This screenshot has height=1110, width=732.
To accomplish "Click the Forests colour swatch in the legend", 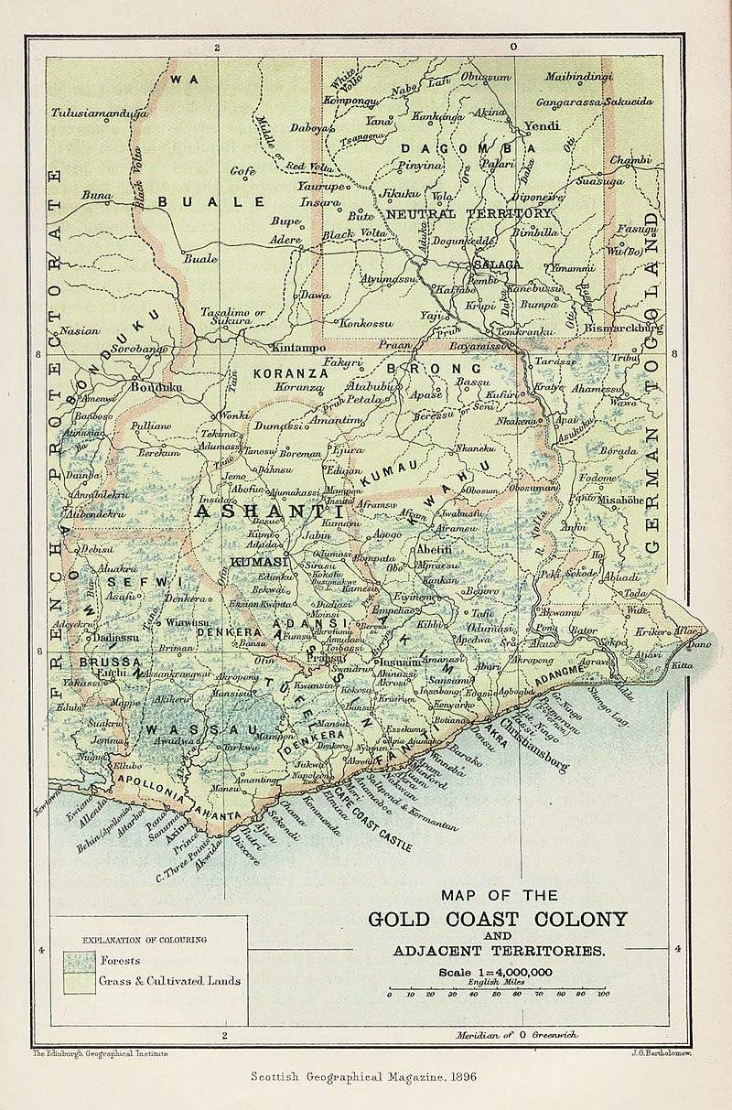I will pos(79,961).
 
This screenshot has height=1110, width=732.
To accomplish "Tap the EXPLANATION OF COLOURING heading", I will pos(144,939).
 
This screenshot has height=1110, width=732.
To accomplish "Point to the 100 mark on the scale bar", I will pos(603,994).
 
